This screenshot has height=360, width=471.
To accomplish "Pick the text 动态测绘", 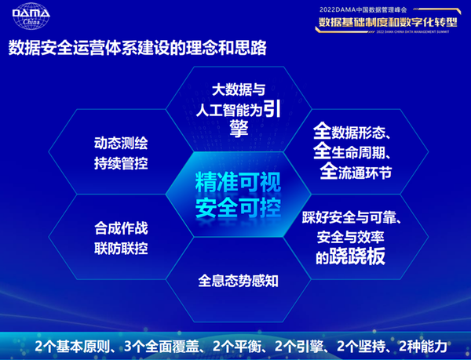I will point(120,144).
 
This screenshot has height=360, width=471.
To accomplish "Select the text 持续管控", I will point(120,164).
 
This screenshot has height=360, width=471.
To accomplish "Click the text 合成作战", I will point(120,228).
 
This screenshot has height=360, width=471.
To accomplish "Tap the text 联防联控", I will point(120,249).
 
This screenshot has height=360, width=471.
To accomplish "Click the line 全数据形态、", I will point(358,128).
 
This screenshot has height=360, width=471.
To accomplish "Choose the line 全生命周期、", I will point(358,150).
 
